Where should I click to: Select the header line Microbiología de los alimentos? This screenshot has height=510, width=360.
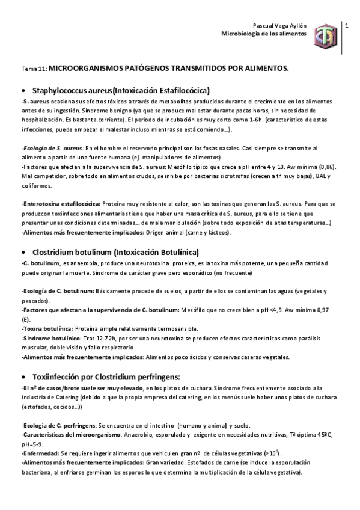pyautogui.click(x=264, y=35)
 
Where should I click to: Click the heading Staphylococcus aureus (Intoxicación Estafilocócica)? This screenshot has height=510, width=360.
pyautogui.click(x=121, y=90)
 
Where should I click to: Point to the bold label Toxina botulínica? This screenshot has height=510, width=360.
pyautogui.click(x=46, y=328)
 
